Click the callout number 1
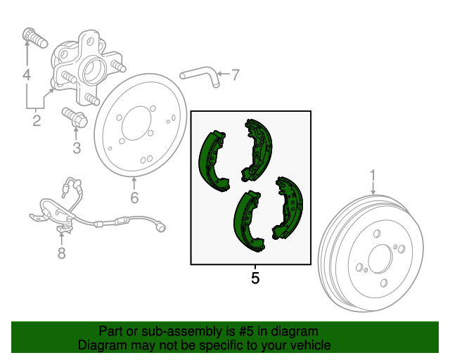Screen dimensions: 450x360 coord(373,175)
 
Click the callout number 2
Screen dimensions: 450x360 coord(37,120)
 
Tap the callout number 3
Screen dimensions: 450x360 coord(77,148)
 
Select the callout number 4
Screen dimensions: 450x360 coord(27,75)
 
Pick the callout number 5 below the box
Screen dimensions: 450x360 coord(255,278)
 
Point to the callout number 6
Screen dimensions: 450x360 coord(134,198)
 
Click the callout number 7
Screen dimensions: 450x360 coord(236,75)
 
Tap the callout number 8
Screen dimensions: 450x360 coord(61,253)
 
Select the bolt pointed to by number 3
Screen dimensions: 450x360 coord(75,117)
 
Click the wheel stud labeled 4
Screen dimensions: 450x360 coord(34,37)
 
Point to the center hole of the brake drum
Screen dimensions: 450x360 coord(380,259)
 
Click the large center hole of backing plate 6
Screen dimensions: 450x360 coord(136,123)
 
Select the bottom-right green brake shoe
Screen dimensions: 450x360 coord(288,208)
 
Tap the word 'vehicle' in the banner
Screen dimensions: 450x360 coord(312,345)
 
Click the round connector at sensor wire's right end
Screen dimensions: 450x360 coord(160,227)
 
